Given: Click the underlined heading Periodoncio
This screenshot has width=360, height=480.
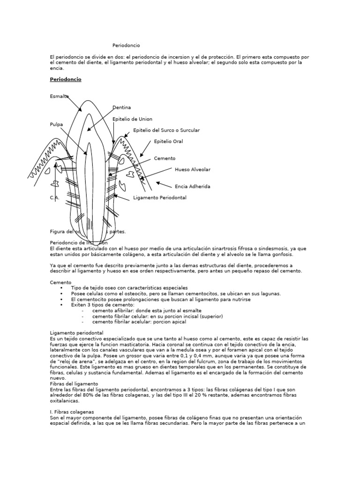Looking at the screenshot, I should click(x=65, y=80).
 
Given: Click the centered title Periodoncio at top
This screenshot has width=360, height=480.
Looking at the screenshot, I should click(x=126, y=45).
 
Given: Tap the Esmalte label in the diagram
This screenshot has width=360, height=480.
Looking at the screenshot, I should click(x=59, y=96).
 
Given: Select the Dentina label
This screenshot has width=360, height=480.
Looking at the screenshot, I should click(x=121, y=108).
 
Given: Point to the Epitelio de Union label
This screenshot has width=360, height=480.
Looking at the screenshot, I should click(x=132, y=119).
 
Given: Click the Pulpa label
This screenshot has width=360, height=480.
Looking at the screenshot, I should click(x=56, y=125).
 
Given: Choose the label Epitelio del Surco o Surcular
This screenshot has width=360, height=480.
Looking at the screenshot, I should click(x=166, y=130).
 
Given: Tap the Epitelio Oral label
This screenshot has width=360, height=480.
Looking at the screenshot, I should click(x=168, y=142).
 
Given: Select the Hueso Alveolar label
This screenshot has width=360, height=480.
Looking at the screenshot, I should click(x=192, y=170).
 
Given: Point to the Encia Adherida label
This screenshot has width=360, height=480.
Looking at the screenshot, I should click(x=192, y=187).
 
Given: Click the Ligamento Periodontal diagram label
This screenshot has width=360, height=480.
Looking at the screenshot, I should click(x=160, y=198).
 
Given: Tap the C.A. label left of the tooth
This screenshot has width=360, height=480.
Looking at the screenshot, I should click(x=54, y=198).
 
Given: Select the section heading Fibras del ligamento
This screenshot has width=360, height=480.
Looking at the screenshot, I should click(x=74, y=383).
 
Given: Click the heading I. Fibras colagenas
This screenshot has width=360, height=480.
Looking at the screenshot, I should click(x=72, y=412).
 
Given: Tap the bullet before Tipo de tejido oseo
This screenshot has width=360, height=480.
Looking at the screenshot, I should click(x=61, y=288).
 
